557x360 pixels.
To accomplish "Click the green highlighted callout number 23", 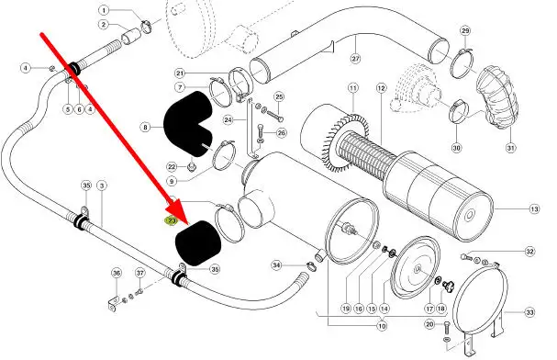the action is [172, 220].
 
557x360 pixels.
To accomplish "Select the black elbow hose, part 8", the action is [188, 124].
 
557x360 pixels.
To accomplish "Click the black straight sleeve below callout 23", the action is [198, 243].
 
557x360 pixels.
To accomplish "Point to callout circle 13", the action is [534, 209].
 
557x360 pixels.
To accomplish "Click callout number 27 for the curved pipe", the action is [356, 59].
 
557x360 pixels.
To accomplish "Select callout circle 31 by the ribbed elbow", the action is [510, 148].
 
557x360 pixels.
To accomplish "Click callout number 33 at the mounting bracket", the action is [529, 313].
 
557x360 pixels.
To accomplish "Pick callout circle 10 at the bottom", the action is [382, 325].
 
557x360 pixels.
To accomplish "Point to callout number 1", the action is [104, 10].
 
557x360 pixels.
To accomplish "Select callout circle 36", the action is [117, 273].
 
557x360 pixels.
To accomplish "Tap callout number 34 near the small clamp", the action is [277, 265].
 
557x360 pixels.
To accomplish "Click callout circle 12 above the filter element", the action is [381, 88].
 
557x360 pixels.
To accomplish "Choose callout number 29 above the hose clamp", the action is [465, 30].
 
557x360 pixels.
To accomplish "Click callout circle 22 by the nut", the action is [172, 166].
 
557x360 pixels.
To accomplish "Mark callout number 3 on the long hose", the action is [102, 186].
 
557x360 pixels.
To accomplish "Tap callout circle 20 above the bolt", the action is [429, 324].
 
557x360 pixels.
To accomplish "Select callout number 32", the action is [529, 252].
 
